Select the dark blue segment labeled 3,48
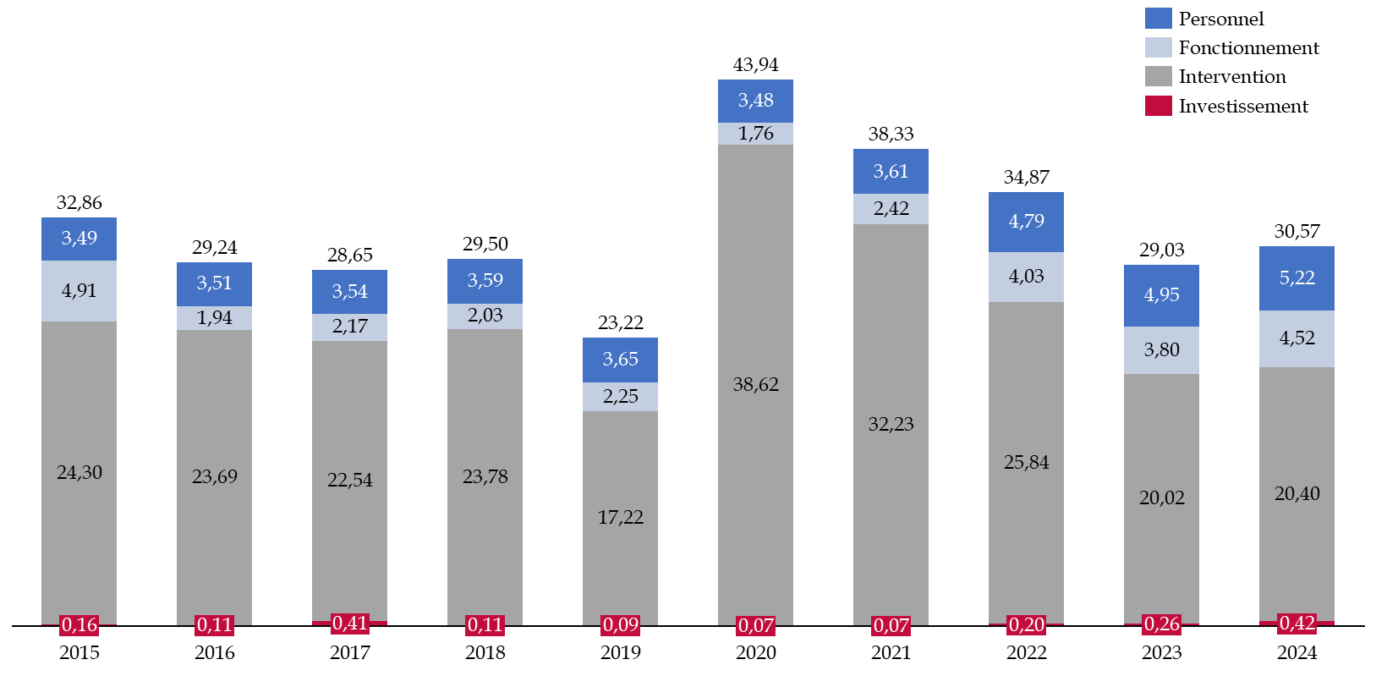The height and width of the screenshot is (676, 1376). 755,101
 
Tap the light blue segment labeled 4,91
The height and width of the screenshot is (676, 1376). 79,291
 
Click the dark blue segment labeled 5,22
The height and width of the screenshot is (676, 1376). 1297,278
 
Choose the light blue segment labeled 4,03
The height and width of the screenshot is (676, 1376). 1026,277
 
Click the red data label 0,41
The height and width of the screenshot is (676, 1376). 349,624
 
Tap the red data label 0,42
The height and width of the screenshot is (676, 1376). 1297,624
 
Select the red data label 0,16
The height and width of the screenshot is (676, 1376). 79,625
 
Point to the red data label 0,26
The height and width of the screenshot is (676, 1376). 1161,624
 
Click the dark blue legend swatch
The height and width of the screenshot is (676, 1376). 1158,19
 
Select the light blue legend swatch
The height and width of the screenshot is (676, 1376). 1158,47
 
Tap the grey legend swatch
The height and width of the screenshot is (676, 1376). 1158,76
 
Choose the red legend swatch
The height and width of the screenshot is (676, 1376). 1158,106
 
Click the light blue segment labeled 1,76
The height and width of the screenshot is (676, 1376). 755,134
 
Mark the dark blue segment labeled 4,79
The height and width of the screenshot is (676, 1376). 1026,222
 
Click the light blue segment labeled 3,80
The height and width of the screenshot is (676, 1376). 1161,350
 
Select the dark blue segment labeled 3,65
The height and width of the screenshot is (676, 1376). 620,360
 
